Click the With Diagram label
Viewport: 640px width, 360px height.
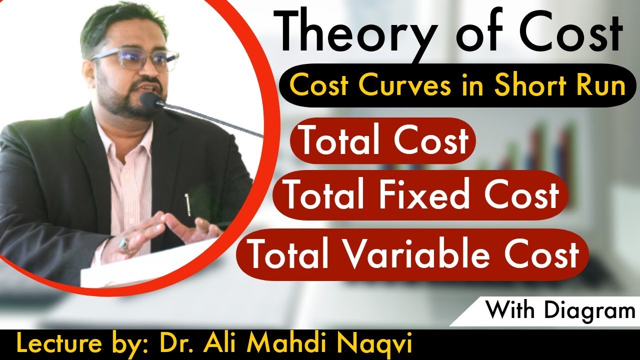tap(560, 310)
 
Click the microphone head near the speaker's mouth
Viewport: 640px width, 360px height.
tap(149, 100)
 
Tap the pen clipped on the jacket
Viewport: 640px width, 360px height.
tap(187, 204)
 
